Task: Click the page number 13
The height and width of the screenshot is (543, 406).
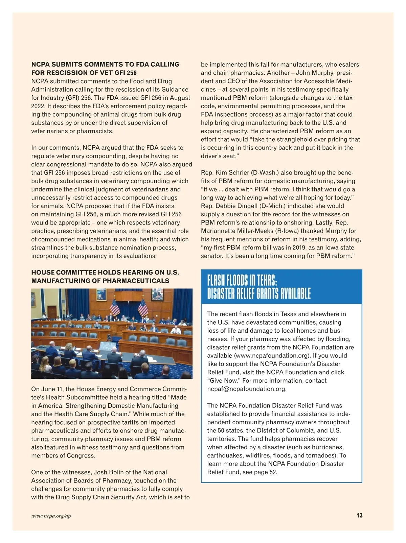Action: point(359,515)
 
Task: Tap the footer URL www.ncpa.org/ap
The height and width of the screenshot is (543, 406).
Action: point(51,516)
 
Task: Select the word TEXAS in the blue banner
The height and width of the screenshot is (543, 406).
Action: point(267,280)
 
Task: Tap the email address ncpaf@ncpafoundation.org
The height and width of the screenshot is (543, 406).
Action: point(247,389)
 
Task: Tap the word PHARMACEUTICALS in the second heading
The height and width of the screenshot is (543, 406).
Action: point(136,281)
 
